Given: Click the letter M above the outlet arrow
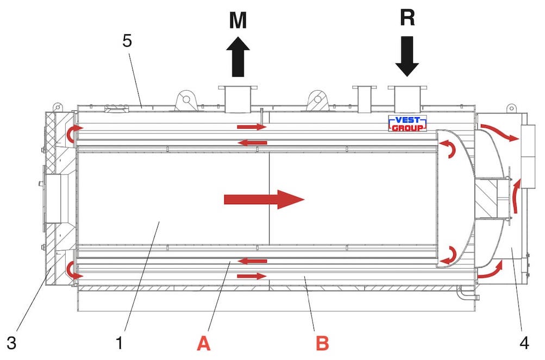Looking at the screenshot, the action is pos(238,20).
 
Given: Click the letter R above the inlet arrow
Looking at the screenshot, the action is pos(408,17).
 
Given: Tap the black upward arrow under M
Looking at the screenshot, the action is pos(238,56).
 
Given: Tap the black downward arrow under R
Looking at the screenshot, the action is pos(407,56).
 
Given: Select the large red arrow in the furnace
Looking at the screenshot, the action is pos(264,199).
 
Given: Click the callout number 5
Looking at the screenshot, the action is pos(127,41).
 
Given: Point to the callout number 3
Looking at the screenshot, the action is pos(11,343).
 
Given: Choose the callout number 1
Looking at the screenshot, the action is pos(120,343).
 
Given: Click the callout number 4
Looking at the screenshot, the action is pos(524,343).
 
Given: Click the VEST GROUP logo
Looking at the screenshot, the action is pos(408,124).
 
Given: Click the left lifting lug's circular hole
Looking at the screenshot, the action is pos(186,99).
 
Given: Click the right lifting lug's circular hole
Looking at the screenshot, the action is pos(317,99).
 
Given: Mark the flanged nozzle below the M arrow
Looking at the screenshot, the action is pos(238,99).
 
